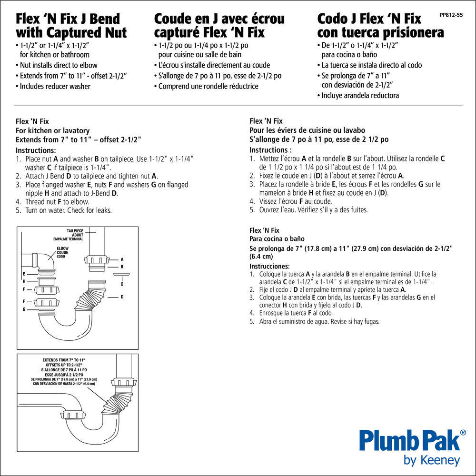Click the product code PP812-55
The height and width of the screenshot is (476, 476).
[451, 15]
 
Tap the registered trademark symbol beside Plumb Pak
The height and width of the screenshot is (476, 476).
[463, 432]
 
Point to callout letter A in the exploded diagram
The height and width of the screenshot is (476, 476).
[122, 259]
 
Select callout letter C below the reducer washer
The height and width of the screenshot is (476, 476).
[122, 284]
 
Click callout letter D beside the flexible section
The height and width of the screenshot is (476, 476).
[122, 297]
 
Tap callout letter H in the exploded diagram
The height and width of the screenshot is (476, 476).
[24, 281]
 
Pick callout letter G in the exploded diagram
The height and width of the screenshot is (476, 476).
[24, 309]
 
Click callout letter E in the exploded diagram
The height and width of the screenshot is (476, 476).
[24, 274]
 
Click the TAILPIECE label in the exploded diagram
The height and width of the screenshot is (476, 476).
[75, 231]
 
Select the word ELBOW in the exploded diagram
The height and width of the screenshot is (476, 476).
[62, 248]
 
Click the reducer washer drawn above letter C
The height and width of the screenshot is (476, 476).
[121, 274]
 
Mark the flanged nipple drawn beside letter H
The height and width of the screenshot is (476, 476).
[47, 281]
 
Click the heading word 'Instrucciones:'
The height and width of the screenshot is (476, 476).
[269, 266]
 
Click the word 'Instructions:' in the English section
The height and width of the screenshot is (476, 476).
[36, 150]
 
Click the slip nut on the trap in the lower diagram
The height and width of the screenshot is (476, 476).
[73, 415]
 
